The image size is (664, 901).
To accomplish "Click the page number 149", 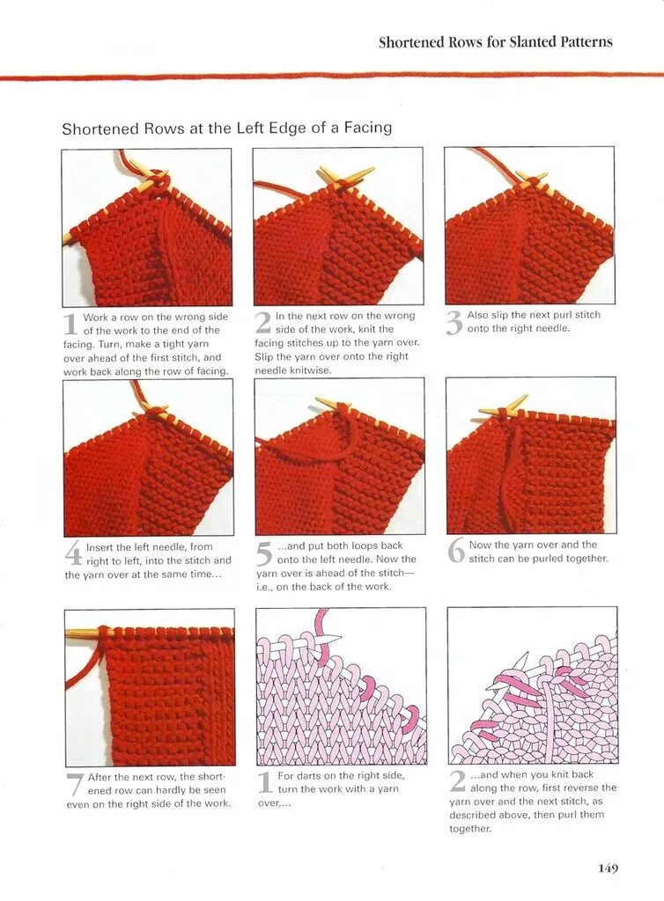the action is click(x=608, y=868).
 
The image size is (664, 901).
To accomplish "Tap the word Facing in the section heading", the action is click(x=368, y=128).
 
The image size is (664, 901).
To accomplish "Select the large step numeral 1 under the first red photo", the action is click(x=70, y=324).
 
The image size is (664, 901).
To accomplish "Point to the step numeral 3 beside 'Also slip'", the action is click(x=454, y=323).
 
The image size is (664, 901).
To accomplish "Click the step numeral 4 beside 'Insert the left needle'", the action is click(x=73, y=554).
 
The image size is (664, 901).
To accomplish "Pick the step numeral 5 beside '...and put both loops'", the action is click(x=263, y=553).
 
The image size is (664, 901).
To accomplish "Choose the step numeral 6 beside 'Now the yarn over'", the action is click(x=456, y=551).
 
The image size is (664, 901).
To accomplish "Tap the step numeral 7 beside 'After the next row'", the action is click(x=76, y=784).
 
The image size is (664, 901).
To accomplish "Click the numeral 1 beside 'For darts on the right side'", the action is click(x=264, y=782).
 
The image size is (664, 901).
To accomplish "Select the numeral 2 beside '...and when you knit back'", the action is click(x=458, y=781).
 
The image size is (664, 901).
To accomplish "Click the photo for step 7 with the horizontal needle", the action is click(x=150, y=687).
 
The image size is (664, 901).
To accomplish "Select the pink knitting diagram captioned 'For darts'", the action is click(x=341, y=686).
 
